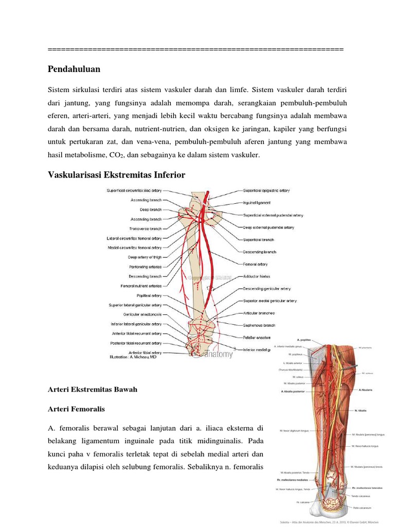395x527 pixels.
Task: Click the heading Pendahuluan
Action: (74, 69)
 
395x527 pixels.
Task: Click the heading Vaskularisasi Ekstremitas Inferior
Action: (116, 175)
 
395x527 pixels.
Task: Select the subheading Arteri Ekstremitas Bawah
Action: (93, 390)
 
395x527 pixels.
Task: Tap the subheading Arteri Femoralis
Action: (76, 409)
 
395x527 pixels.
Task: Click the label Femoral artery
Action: (255, 264)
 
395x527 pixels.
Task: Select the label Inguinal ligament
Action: (257, 203)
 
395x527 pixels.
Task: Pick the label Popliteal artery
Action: (149, 296)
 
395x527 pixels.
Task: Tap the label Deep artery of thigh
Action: (145, 257)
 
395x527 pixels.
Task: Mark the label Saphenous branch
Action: (259, 325)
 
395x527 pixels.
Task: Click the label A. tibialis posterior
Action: (293, 392)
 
